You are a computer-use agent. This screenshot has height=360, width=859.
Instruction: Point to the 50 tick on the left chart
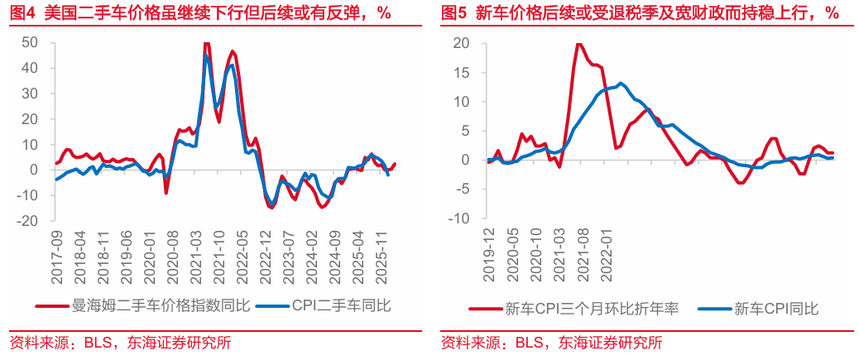point(31,42)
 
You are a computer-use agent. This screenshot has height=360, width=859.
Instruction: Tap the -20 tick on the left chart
point(28,221)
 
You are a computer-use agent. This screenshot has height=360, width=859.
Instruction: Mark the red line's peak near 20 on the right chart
point(578,44)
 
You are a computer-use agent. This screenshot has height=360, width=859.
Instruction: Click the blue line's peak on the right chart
point(621,83)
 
